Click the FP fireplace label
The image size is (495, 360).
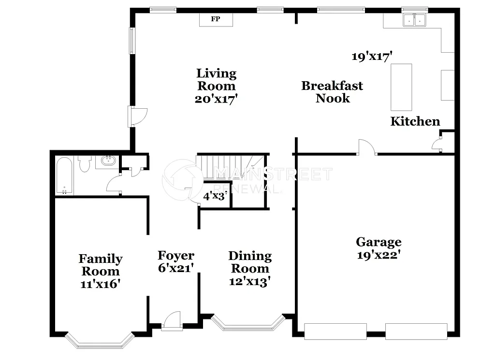tap(216, 19)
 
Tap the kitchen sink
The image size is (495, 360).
tap(415, 20)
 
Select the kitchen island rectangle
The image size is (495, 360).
tap(401, 87)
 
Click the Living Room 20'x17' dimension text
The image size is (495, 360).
tap(217, 99)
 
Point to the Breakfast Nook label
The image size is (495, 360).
tap(332, 92)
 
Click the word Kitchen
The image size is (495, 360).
tap(415, 121)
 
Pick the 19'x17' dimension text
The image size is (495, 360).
tap(371, 57)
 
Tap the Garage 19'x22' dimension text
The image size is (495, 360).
tap(379, 255)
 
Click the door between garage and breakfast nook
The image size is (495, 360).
tap(367, 148)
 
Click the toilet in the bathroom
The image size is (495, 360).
tap(85, 164)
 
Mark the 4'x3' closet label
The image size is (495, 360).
tap(215, 196)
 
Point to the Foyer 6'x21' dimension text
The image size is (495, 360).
tap(176, 268)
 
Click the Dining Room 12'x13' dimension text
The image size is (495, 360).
tap(249, 281)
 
